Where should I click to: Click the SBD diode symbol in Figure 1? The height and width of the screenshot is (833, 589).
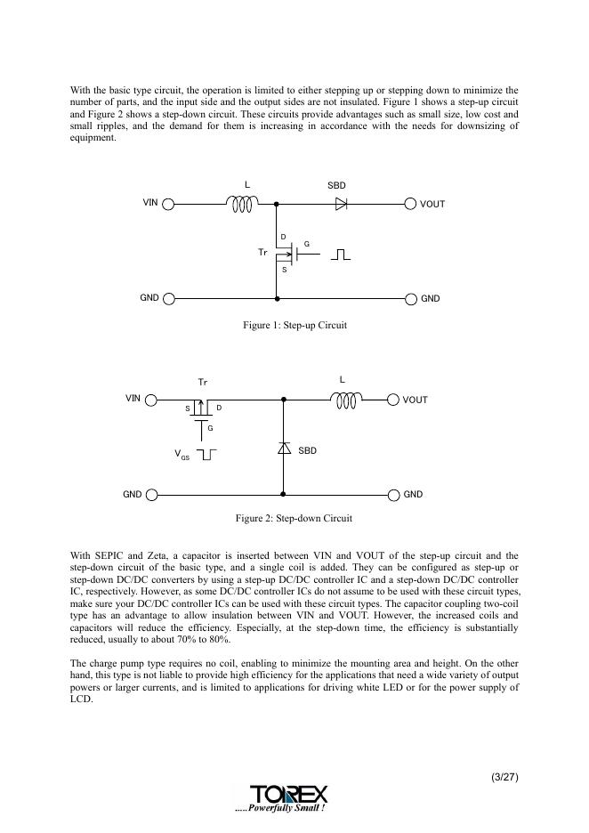click(340, 204)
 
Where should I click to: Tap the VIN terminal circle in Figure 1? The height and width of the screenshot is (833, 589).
click(168, 204)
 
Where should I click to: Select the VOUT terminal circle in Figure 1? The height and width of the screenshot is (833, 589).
click(410, 204)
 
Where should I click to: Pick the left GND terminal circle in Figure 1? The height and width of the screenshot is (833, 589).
click(168, 298)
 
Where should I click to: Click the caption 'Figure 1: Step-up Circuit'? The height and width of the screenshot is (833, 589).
click(294, 326)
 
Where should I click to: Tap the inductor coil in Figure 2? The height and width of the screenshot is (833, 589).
click(346, 400)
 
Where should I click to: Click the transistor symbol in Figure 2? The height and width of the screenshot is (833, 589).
click(204, 411)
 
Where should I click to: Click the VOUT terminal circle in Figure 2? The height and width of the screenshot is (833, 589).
click(393, 400)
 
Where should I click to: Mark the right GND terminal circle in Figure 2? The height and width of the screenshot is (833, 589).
click(393, 494)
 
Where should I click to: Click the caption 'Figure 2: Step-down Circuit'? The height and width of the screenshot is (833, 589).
click(294, 518)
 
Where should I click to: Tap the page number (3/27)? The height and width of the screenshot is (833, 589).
click(504, 777)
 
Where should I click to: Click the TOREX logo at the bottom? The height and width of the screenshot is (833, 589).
click(288, 793)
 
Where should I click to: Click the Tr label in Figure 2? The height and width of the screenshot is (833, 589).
click(203, 382)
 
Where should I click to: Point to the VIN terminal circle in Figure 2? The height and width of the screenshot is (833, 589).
click(151, 400)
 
